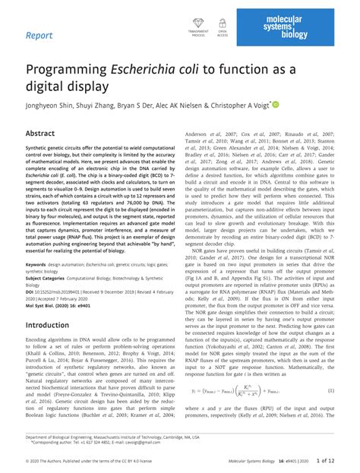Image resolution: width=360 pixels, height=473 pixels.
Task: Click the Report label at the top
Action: [39, 35]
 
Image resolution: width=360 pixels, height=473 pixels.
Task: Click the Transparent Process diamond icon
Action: [199, 25]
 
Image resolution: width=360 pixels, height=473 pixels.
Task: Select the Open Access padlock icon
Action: [223, 25]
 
